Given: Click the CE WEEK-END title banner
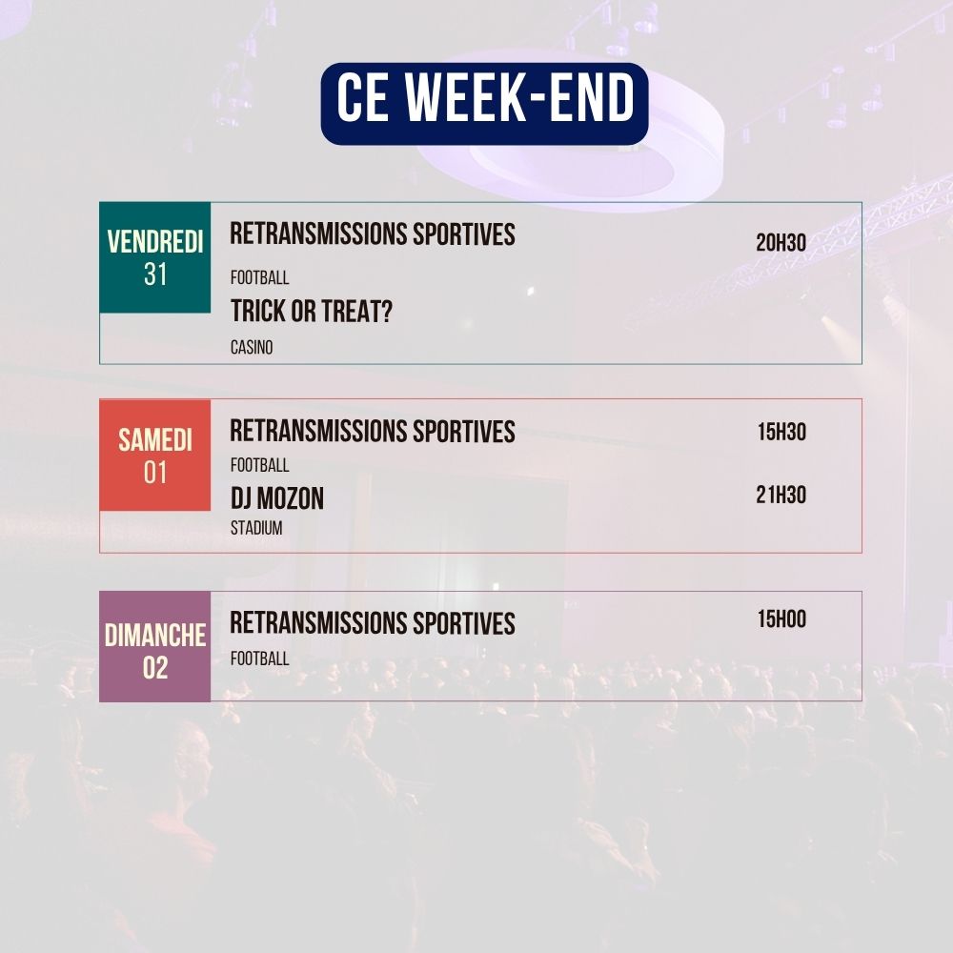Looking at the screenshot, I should [484, 103].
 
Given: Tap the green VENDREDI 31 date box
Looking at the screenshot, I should [155, 257].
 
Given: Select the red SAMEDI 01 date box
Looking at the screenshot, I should [155, 455].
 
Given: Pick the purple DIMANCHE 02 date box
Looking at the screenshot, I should [155, 646].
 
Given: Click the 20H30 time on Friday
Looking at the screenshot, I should [781, 243].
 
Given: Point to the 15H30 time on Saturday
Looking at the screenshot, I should [781, 432].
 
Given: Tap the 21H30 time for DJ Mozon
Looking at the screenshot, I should [781, 495].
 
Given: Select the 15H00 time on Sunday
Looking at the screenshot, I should [781, 619].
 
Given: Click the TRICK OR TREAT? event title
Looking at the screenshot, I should [311, 312].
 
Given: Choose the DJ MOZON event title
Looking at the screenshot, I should [276, 498].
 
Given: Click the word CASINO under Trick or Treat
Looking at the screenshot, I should [252, 348].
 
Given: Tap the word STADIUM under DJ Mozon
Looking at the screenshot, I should [256, 528].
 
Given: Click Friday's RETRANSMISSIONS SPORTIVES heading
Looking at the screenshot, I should [372, 234].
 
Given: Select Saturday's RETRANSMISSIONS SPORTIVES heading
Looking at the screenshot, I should [372, 432].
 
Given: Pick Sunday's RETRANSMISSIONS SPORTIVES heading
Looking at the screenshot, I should [372, 624].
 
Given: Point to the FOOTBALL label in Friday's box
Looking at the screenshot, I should [259, 278].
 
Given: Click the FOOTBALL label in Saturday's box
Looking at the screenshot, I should [259, 466].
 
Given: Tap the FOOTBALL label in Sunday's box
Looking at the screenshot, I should [259, 659].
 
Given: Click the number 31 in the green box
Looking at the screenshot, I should [155, 274].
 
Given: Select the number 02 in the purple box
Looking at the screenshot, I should [155, 668].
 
